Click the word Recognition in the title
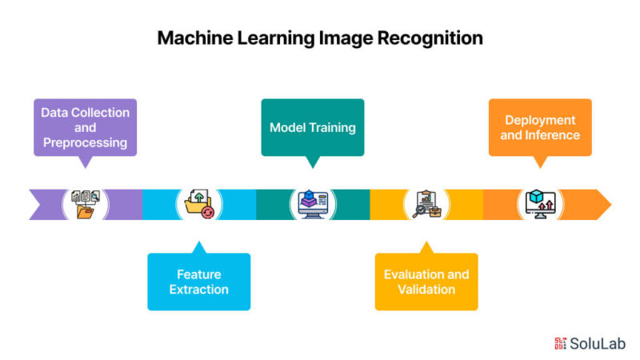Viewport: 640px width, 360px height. pyautogui.click(x=430, y=38)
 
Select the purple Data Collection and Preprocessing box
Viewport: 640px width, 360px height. pyautogui.click(x=86, y=127)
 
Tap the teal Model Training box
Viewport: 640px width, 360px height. pyautogui.click(x=313, y=127)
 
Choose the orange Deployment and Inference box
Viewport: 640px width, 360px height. pyautogui.click(x=540, y=127)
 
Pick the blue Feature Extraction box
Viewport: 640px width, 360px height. pyautogui.click(x=198, y=282)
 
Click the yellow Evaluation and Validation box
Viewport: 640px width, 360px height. pyautogui.click(x=426, y=282)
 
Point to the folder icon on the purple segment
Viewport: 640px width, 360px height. pyautogui.click(x=86, y=204)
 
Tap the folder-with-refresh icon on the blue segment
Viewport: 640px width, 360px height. pyautogui.click(x=199, y=204)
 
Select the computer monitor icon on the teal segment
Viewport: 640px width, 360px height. pyautogui.click(x=313, y=204)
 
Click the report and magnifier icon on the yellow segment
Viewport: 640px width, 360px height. pyautogui.click(x=426, y=204)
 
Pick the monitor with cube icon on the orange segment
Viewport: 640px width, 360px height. pyautogui.click(x=540, y=204)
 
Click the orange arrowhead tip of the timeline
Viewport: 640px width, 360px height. pyautogui.click(x=611, y=205)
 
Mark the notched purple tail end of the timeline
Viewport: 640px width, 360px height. pyautogui.click(x=41, y=205)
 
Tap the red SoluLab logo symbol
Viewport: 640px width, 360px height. pyautogui.click(x=560, y=344)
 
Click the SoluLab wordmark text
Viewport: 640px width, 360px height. pyautogui.click(x=598, y=344)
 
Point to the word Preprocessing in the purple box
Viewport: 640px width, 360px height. pyautogui.click(x=86, y=143)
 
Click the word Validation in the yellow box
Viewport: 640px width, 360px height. pyautogui.click(x=426, y=290)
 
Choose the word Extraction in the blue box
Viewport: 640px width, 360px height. pyautogui.click(x=198, y=290)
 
